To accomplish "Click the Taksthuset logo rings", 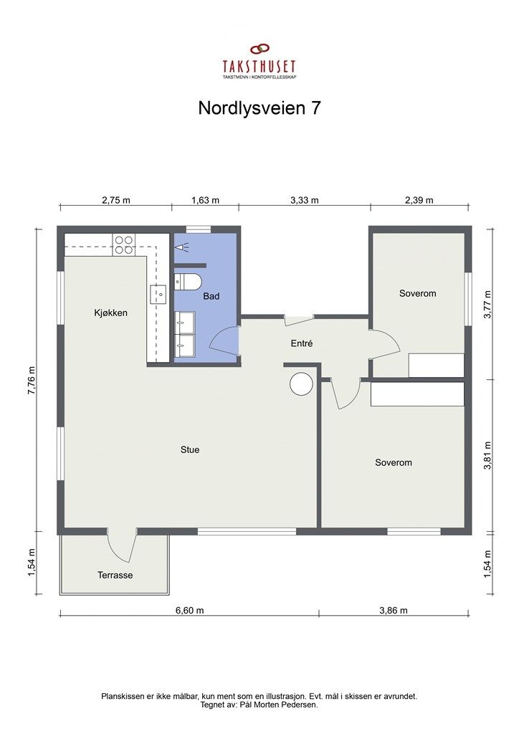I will [259, 49].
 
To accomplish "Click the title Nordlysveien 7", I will [259, 108].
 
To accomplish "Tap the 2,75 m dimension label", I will [115, 200].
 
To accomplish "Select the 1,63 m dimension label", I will [206, 200].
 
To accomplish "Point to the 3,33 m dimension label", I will [305, 200].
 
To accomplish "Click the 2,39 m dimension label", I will [419, 200].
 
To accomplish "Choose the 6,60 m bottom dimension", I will [190, 611].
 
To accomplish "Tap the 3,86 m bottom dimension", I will [393, 611].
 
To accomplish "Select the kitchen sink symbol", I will [158, 292].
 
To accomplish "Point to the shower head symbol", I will [184, 246].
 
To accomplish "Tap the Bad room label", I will [211, 295].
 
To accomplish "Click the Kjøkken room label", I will [110, 313].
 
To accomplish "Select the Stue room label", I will [190, 449].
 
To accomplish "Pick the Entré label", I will [302, 343].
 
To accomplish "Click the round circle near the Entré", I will [300, 383].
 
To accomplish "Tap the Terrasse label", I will [115, 575].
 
